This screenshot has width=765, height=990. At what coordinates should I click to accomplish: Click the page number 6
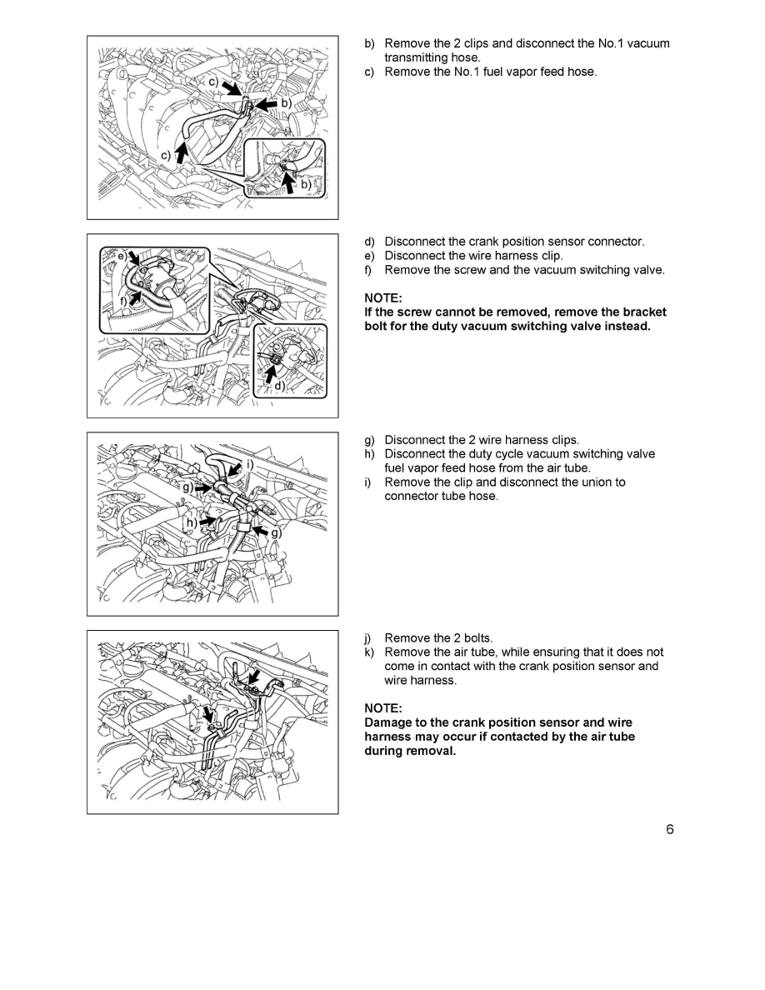(669, 829)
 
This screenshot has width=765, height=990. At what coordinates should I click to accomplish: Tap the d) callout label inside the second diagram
(278, 386)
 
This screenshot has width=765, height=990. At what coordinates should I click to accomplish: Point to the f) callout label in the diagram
(122, 299)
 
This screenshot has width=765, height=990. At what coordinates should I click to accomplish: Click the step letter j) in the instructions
(371, 638)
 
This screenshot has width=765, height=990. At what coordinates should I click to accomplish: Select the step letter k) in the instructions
(371, 652)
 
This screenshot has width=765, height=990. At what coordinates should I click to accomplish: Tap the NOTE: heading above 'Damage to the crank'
(383, 708)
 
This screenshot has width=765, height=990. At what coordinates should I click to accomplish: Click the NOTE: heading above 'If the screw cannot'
(383, 297)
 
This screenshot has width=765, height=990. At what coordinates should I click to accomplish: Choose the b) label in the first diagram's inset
(305, 184)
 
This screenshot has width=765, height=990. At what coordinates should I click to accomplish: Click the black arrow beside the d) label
(269, 375)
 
